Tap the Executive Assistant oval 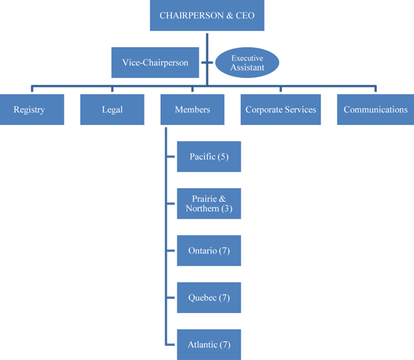tap(247, 62)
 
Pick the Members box tap(192, 109)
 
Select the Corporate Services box tap(281, 109)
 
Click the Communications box tap(375, 109)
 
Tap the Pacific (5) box tap(208, 156)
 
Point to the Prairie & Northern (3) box tap(208, 204)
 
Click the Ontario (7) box tap(208, 251)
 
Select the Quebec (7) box tap(208, 298)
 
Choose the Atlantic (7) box tap(208, 345)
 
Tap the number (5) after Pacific tap(223, 156)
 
